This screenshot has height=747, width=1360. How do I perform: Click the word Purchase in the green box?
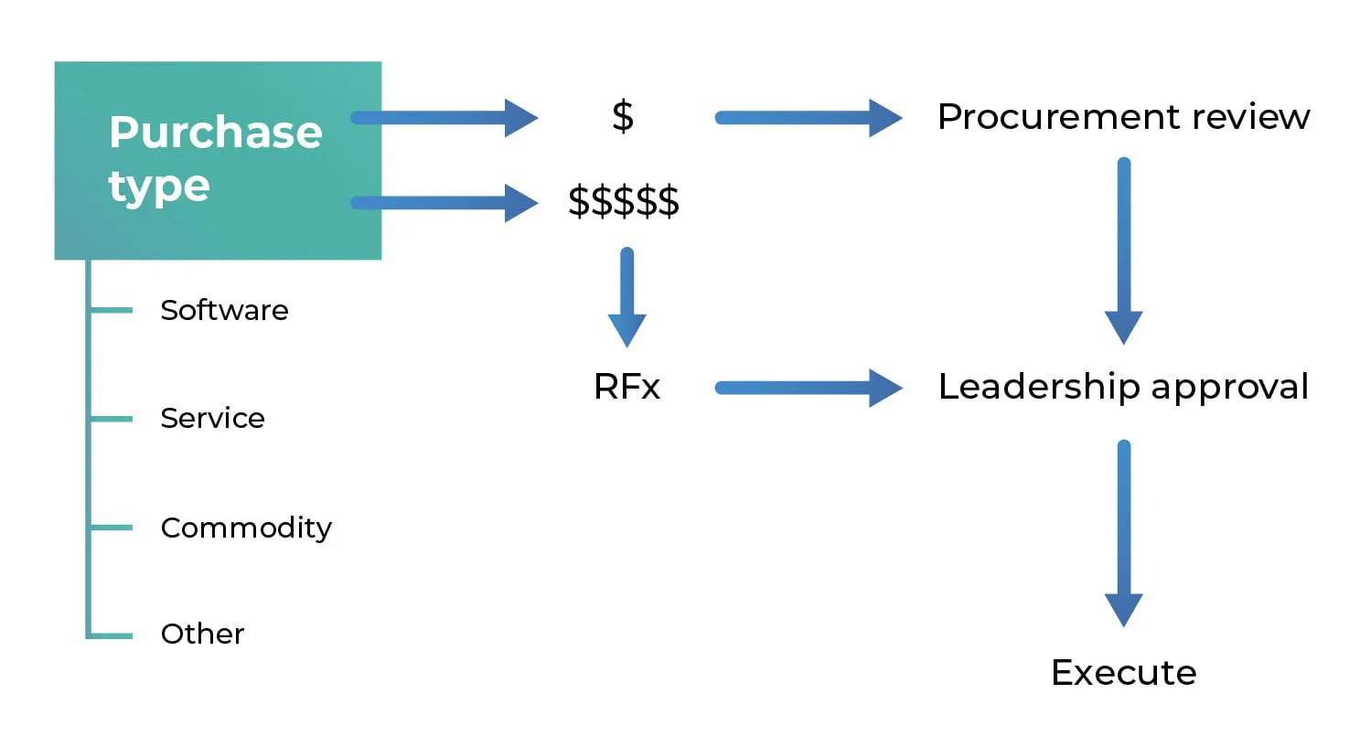tap(215, 133)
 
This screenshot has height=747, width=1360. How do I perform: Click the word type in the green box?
tap(159, 187)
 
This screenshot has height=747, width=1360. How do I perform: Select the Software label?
tap(224, 310)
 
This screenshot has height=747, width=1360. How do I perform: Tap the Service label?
tap(212, 418)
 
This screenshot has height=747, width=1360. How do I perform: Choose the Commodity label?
tap(246, 528)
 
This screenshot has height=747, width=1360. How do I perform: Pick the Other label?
tap(202, 634)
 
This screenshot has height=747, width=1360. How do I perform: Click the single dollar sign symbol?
tap(623, 117)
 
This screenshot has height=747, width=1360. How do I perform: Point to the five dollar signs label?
tap(624, 201)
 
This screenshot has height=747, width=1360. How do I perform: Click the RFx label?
tap(626, 387)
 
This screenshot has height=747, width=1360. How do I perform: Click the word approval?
tap(1229, 388)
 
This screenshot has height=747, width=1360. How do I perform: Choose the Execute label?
tap(1123, 673)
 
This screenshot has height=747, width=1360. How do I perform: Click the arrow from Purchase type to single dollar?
tap(444, 118)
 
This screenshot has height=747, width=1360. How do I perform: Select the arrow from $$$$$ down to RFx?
tap(626, 297)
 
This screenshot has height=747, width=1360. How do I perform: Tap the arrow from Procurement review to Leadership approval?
tap(1123, 251)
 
